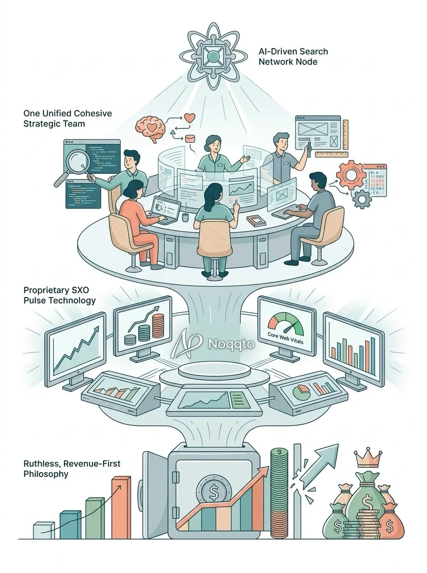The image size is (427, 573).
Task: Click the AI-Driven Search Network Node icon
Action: pyautogui.click(x=213, y=56)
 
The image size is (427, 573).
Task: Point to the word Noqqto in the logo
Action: pyautogui.click(x=231, y=344)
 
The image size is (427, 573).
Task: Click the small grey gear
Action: pyautogui.click(x=361, y=199)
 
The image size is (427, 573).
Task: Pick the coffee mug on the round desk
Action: pyautogui.click(x=185, y=217)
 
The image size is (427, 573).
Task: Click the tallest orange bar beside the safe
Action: pyautogui.click(x=121, y=505)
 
